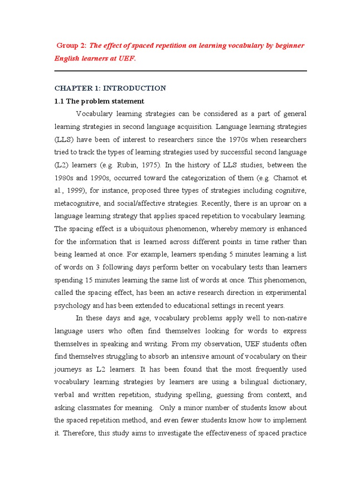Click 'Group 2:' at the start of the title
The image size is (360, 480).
point(71,45)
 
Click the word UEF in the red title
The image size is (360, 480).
point(121,59)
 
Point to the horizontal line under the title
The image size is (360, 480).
point(180,71)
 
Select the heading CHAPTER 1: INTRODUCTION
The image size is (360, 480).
point(110,88)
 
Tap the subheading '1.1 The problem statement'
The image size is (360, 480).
point(99,101)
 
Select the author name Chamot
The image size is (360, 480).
point(281,178)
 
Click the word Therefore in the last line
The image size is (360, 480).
point(79,433)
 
